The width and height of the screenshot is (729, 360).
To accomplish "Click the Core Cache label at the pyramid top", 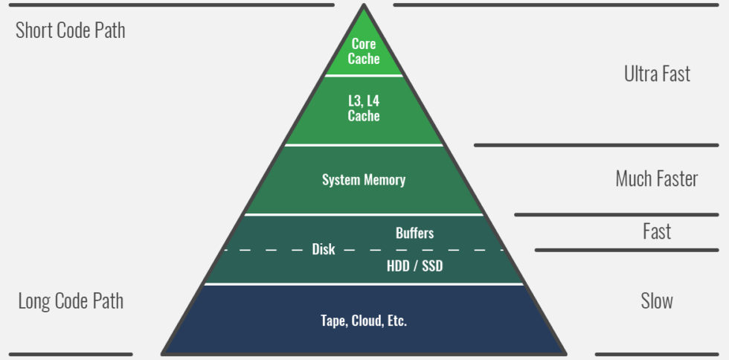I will (364, 52).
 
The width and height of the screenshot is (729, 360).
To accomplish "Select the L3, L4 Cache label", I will (364, 109).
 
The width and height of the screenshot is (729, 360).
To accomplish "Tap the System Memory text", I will (364, 180).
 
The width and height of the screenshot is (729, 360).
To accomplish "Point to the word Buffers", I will (414, 233).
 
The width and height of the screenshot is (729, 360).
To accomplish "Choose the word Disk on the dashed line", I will (323, 250).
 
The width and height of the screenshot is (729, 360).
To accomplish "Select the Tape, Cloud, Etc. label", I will (364, 321).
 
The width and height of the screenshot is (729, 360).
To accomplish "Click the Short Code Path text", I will (70, 30).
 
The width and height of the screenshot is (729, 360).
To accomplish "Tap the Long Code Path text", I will (71, 301).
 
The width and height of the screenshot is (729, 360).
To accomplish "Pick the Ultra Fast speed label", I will (657, 74).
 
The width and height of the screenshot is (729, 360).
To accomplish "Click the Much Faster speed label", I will (656, 179).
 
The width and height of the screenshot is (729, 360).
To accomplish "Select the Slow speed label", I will (657, 301).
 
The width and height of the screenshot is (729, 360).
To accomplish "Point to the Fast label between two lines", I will (657, 232).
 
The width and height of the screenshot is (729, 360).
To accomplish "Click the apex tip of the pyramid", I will (364, 7).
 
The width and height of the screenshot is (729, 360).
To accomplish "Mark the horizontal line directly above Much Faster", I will (596, 144).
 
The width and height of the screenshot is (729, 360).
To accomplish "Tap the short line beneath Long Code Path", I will (71, 354).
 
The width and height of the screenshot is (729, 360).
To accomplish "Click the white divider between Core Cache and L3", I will (364, 75).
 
